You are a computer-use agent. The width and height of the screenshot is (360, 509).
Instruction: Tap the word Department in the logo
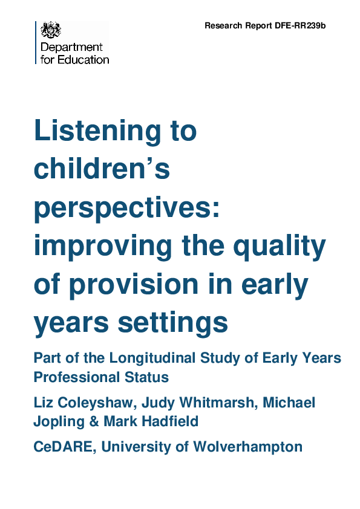pyautogui.click(x=71, y=48)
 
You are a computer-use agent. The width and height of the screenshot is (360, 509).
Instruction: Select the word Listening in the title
pyautogui.click(x=115, y=131)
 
